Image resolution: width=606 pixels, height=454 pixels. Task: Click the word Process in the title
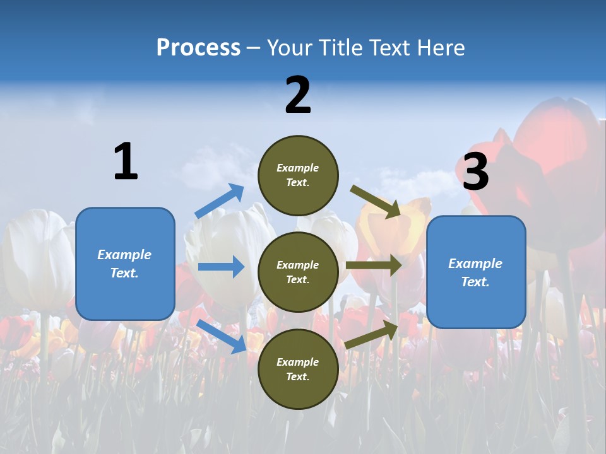tap(198, 48)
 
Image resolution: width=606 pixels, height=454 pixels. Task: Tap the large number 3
tap(475, 172)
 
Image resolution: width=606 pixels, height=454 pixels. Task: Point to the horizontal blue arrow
tap(222, 267)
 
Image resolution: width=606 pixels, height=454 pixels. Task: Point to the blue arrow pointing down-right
tap(222, 336)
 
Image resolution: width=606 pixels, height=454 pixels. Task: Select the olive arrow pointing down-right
tap(376, 201)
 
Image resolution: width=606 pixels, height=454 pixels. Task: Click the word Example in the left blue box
tap(124, 255)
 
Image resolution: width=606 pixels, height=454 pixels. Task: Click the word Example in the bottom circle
tap(298, 362)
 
